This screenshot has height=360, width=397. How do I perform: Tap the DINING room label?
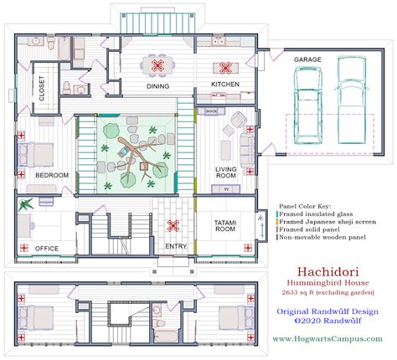click(x=158, y=86)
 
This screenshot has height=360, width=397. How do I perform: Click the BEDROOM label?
click(x=52, y=174)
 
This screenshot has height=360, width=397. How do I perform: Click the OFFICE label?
click(x=47, y=248)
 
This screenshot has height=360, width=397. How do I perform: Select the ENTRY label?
click(x=176, y=246)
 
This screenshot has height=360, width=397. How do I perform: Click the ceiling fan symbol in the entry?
click(x=175, y=224)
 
